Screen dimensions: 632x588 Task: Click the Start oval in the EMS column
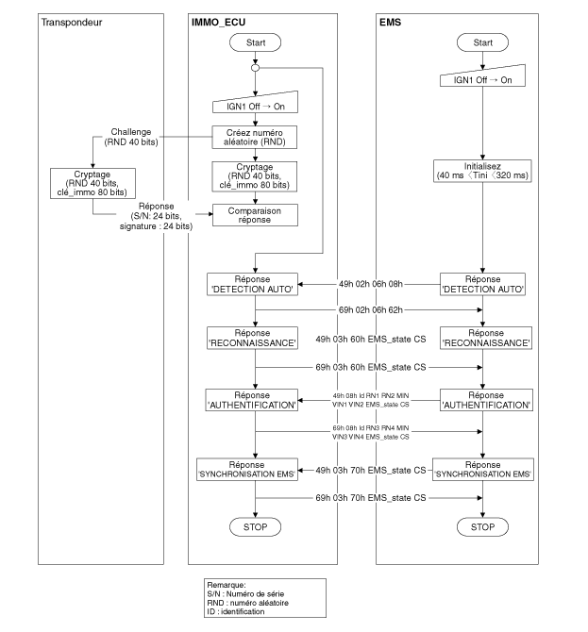(481, 43)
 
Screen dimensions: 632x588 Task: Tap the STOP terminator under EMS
(481, 526)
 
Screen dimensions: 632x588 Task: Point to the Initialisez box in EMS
(481, 172)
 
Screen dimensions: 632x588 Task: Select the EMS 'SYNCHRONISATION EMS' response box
(481, 468)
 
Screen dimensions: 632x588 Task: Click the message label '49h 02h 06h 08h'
(369, 282)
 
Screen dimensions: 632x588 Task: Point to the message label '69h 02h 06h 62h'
(369, 308)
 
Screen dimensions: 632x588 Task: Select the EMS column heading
(393, 21)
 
